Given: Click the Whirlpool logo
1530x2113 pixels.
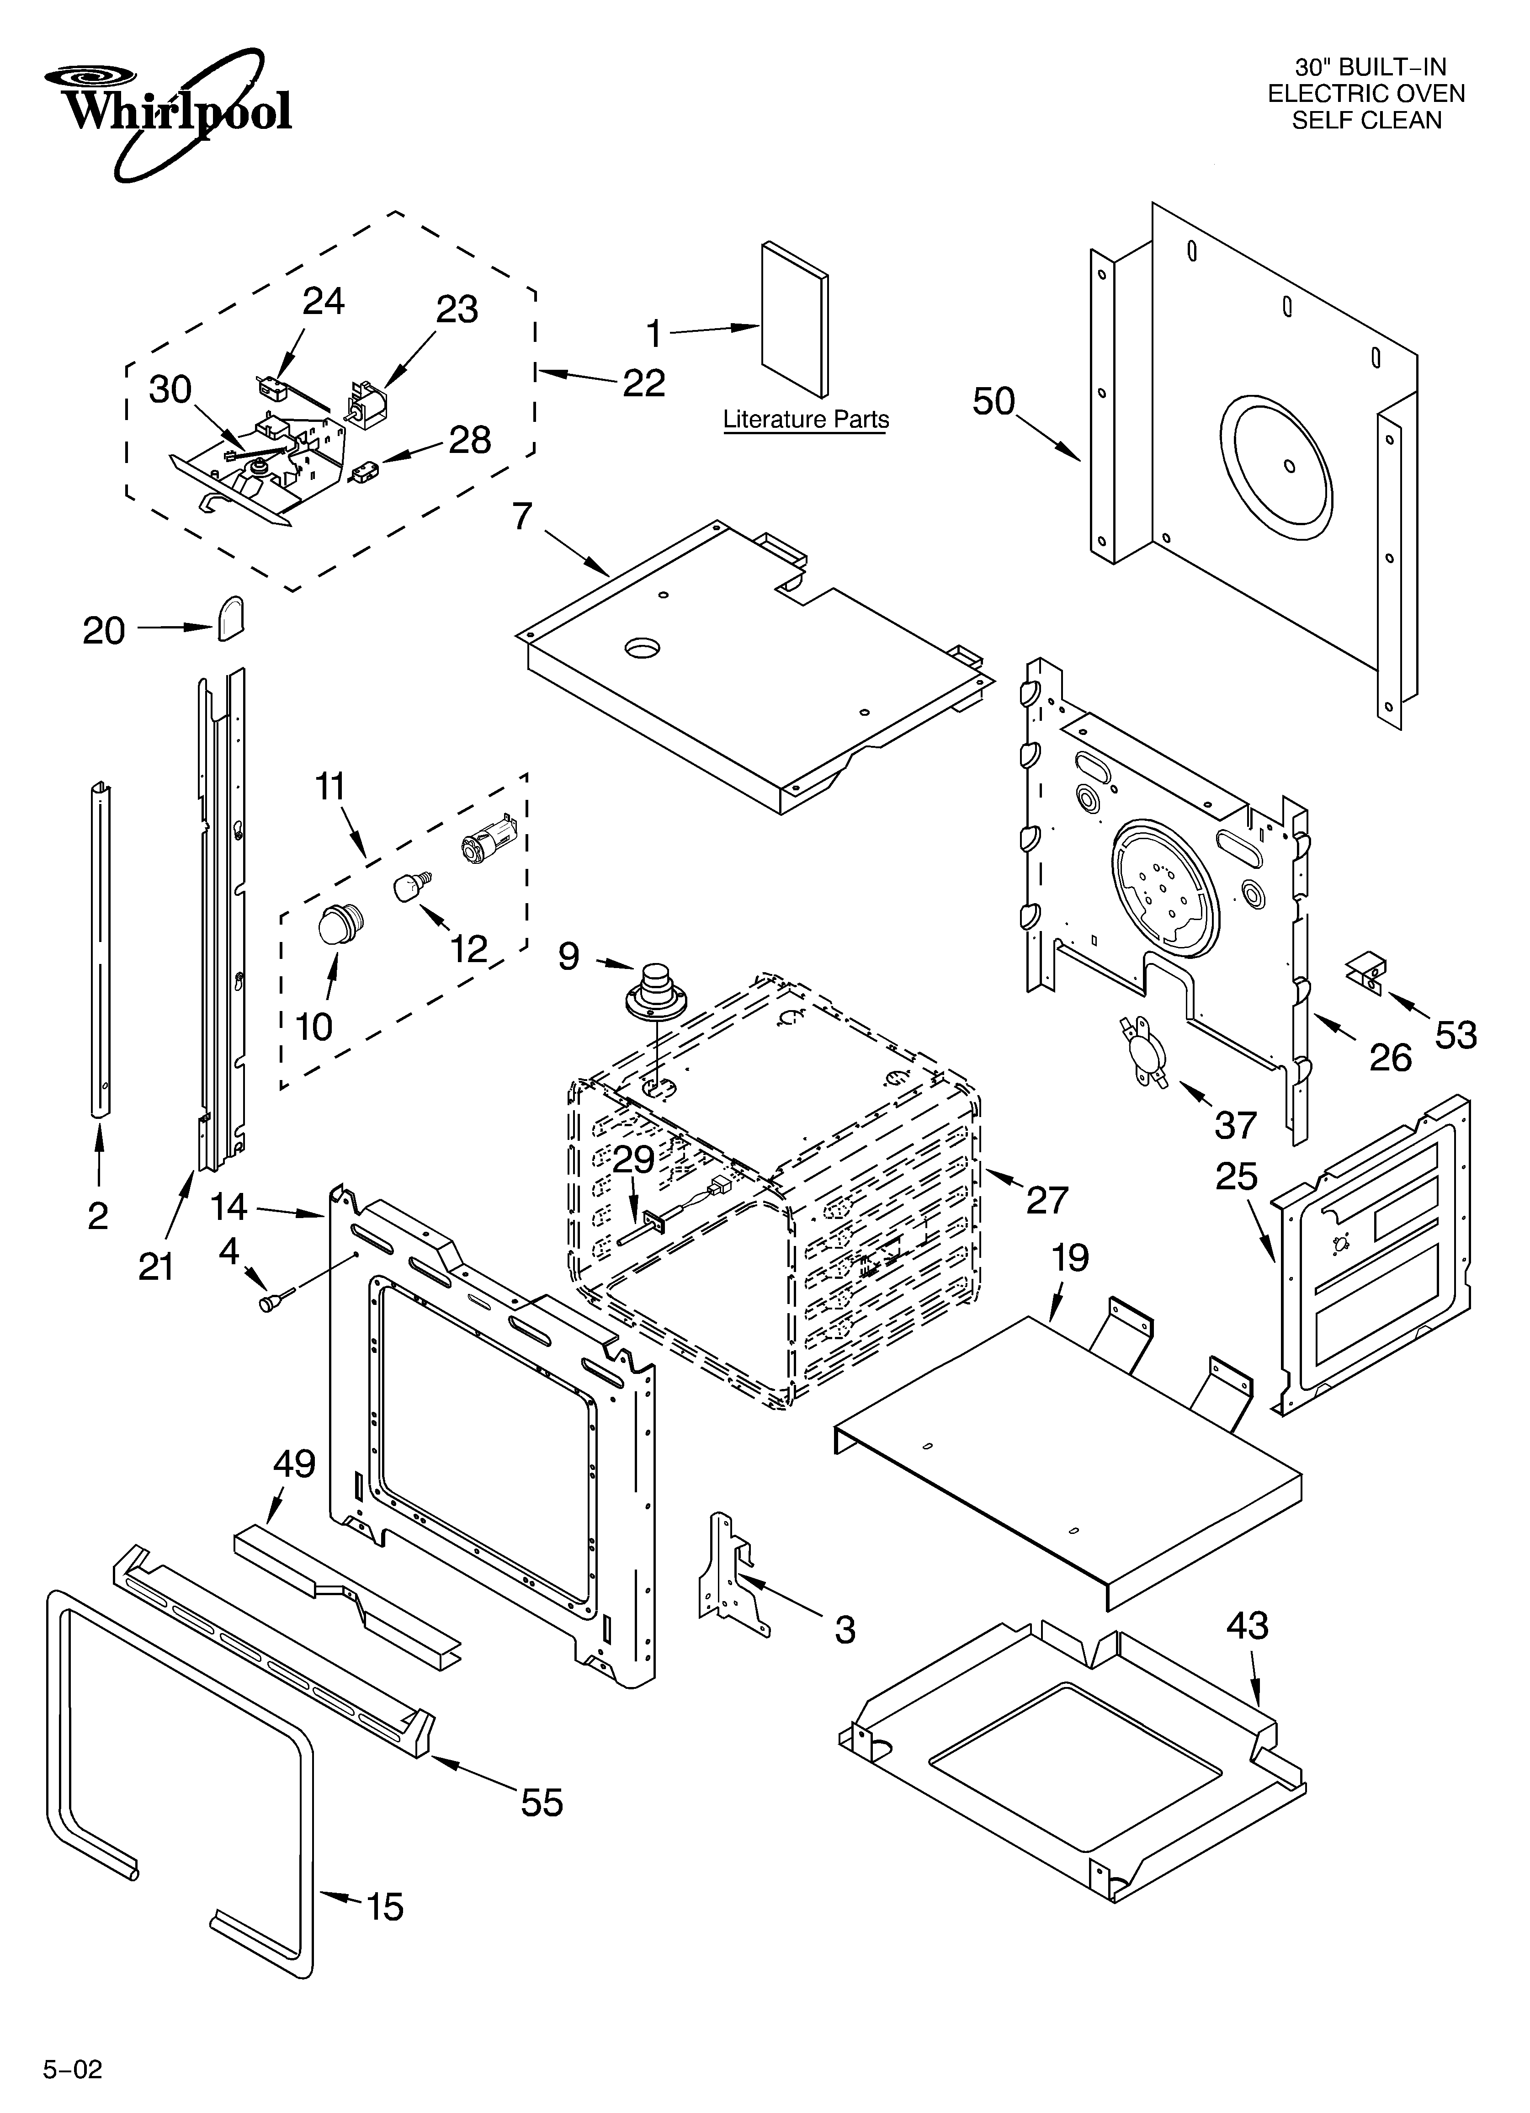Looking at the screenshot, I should [x=168, y=110].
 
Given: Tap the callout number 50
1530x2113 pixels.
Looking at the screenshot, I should [x=993, y=402].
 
